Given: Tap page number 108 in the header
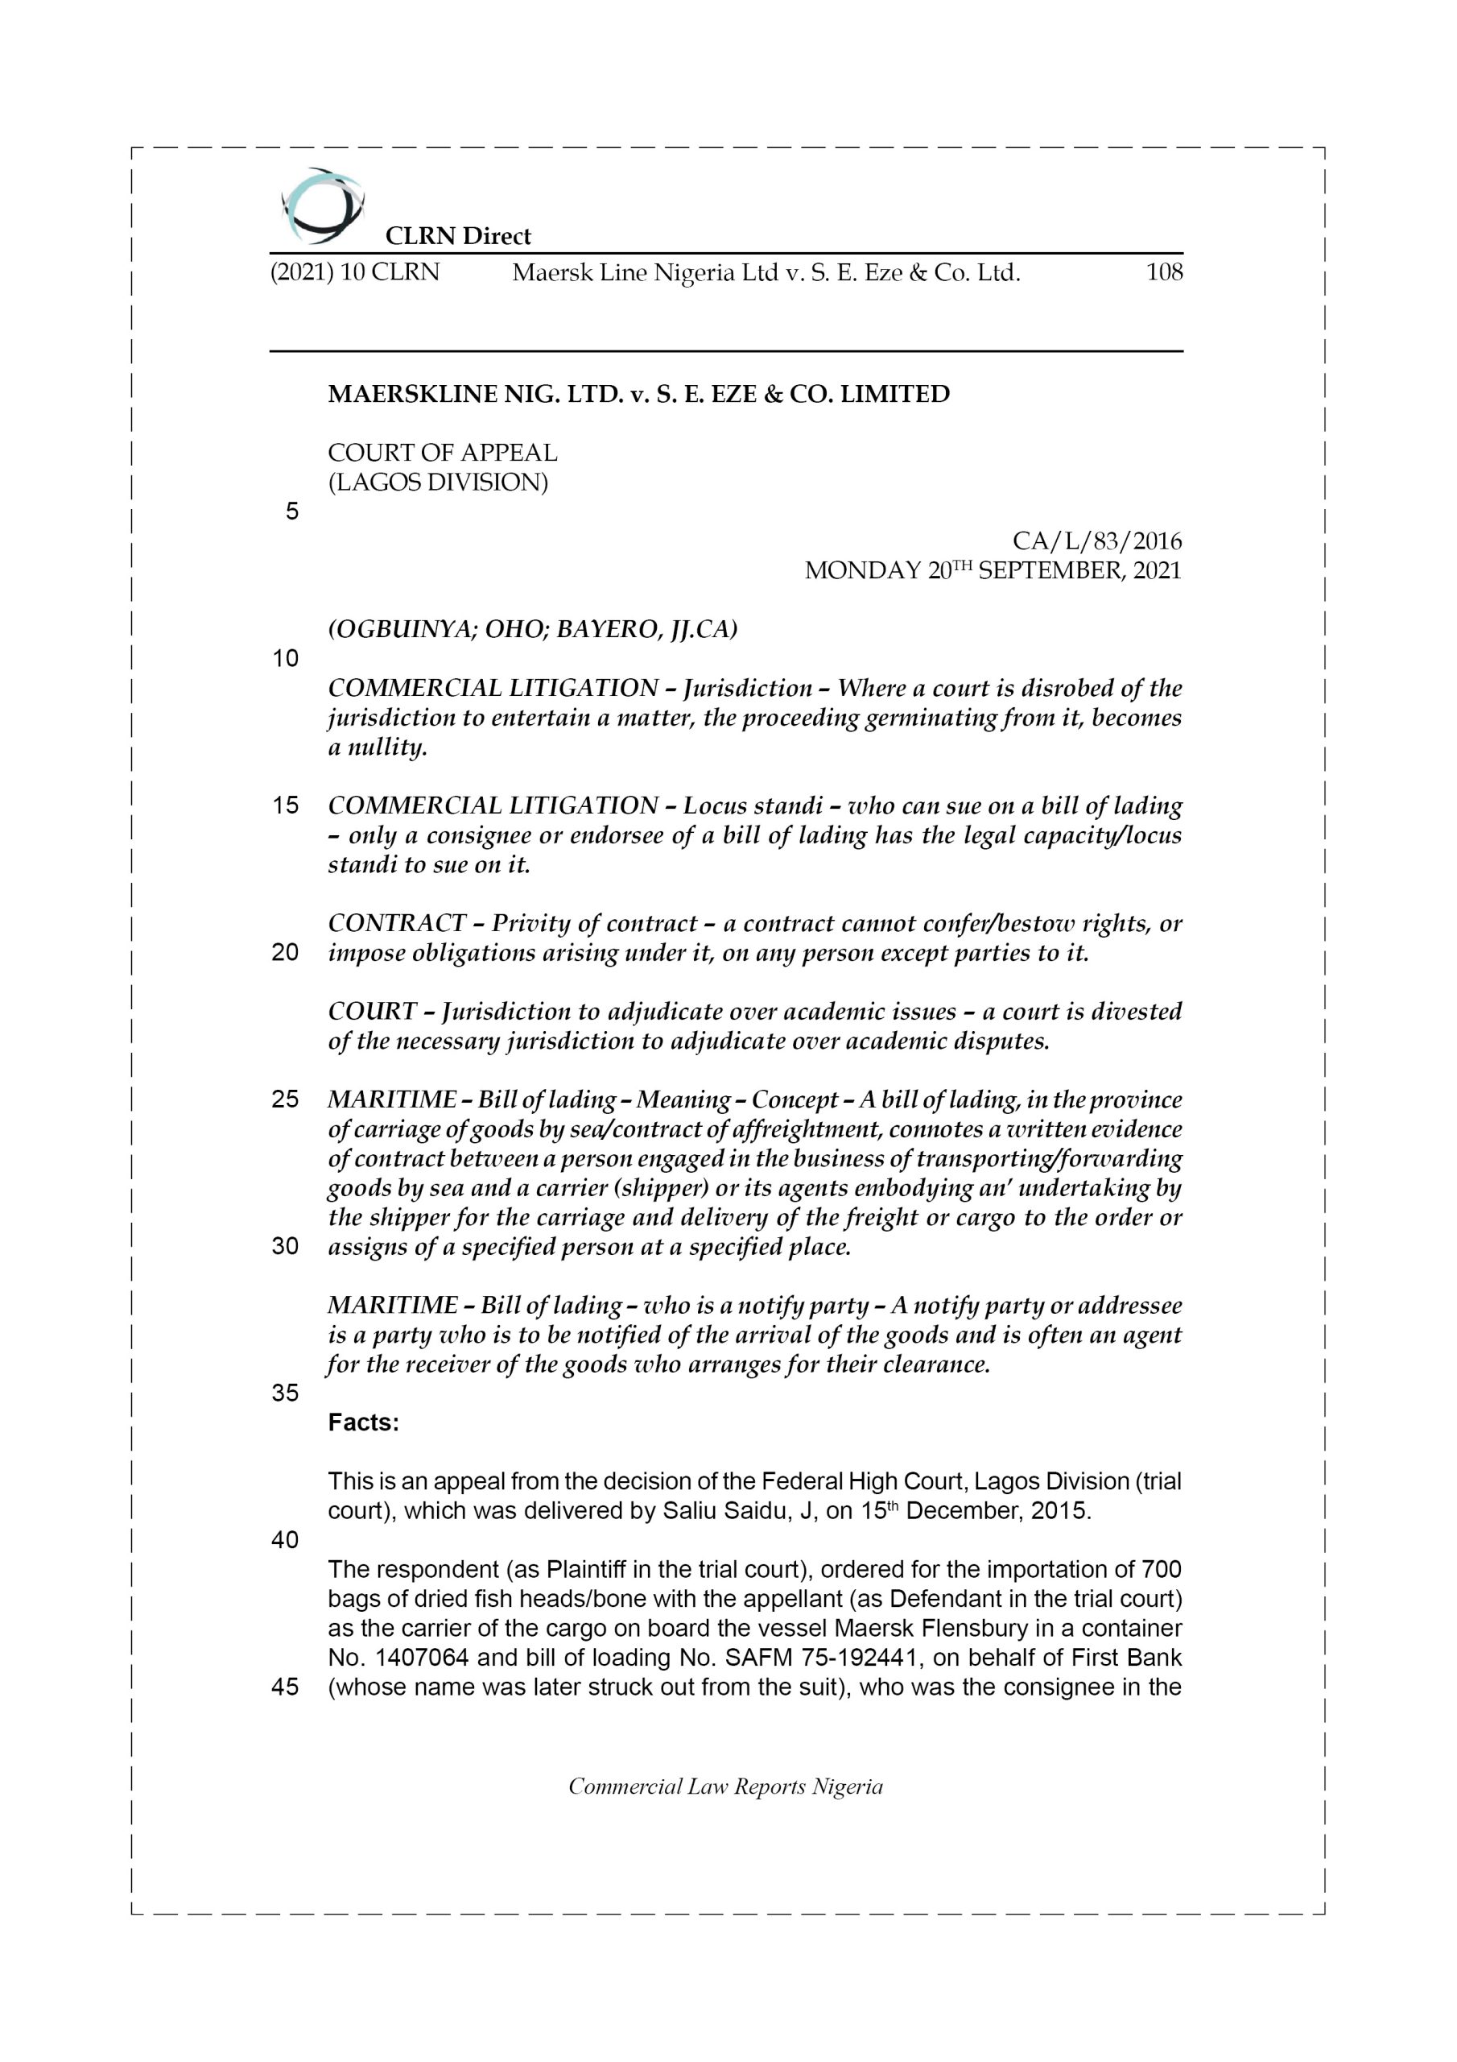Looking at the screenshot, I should click(1163, 272).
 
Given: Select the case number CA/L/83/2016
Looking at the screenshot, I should click(1096, 541).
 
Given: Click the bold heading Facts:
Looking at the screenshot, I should click(364, 1423).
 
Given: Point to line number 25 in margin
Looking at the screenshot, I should click(285, 1100).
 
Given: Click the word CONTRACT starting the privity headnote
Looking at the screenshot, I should click(397, 923).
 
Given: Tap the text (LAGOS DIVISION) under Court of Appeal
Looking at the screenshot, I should click(437, 482).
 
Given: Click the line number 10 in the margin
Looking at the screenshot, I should click(285, 659).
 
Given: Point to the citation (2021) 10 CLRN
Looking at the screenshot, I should click(355, 272).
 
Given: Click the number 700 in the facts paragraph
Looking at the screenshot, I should click(1160, 1570).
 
